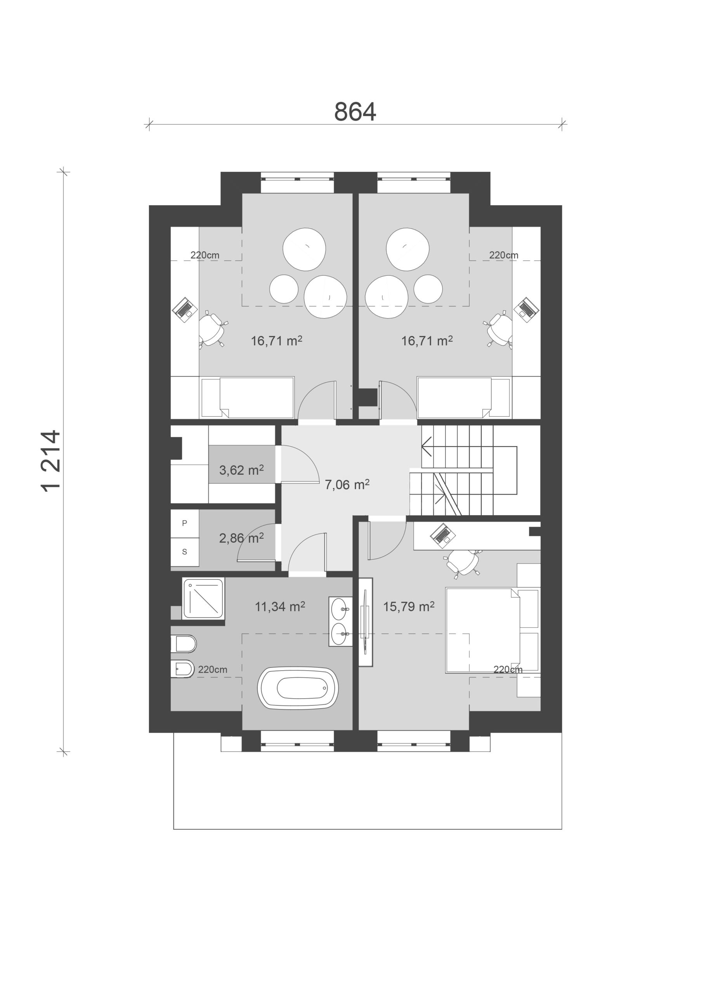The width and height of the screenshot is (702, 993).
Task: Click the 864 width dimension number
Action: point(355,112)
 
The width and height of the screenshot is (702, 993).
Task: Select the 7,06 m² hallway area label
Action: point(347,484)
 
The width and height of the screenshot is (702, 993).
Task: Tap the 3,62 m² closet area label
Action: point(241,470)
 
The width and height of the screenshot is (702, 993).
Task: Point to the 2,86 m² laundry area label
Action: point(241,538)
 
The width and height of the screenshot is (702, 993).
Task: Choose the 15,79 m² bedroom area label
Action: point(409,606)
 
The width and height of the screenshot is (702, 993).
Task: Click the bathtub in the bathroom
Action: point(298,688)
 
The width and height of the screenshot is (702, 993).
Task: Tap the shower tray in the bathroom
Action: point(203,599)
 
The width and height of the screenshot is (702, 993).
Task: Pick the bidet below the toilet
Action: point(183,670)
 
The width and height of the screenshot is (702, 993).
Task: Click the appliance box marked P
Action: point(185,523)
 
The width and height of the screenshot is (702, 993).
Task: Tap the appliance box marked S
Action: point(185,552)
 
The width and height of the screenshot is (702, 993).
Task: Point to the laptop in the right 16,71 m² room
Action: point(527,309)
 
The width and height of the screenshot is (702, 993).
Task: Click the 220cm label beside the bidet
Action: point(213,669)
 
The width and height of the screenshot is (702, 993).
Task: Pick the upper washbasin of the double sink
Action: point(340,609)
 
